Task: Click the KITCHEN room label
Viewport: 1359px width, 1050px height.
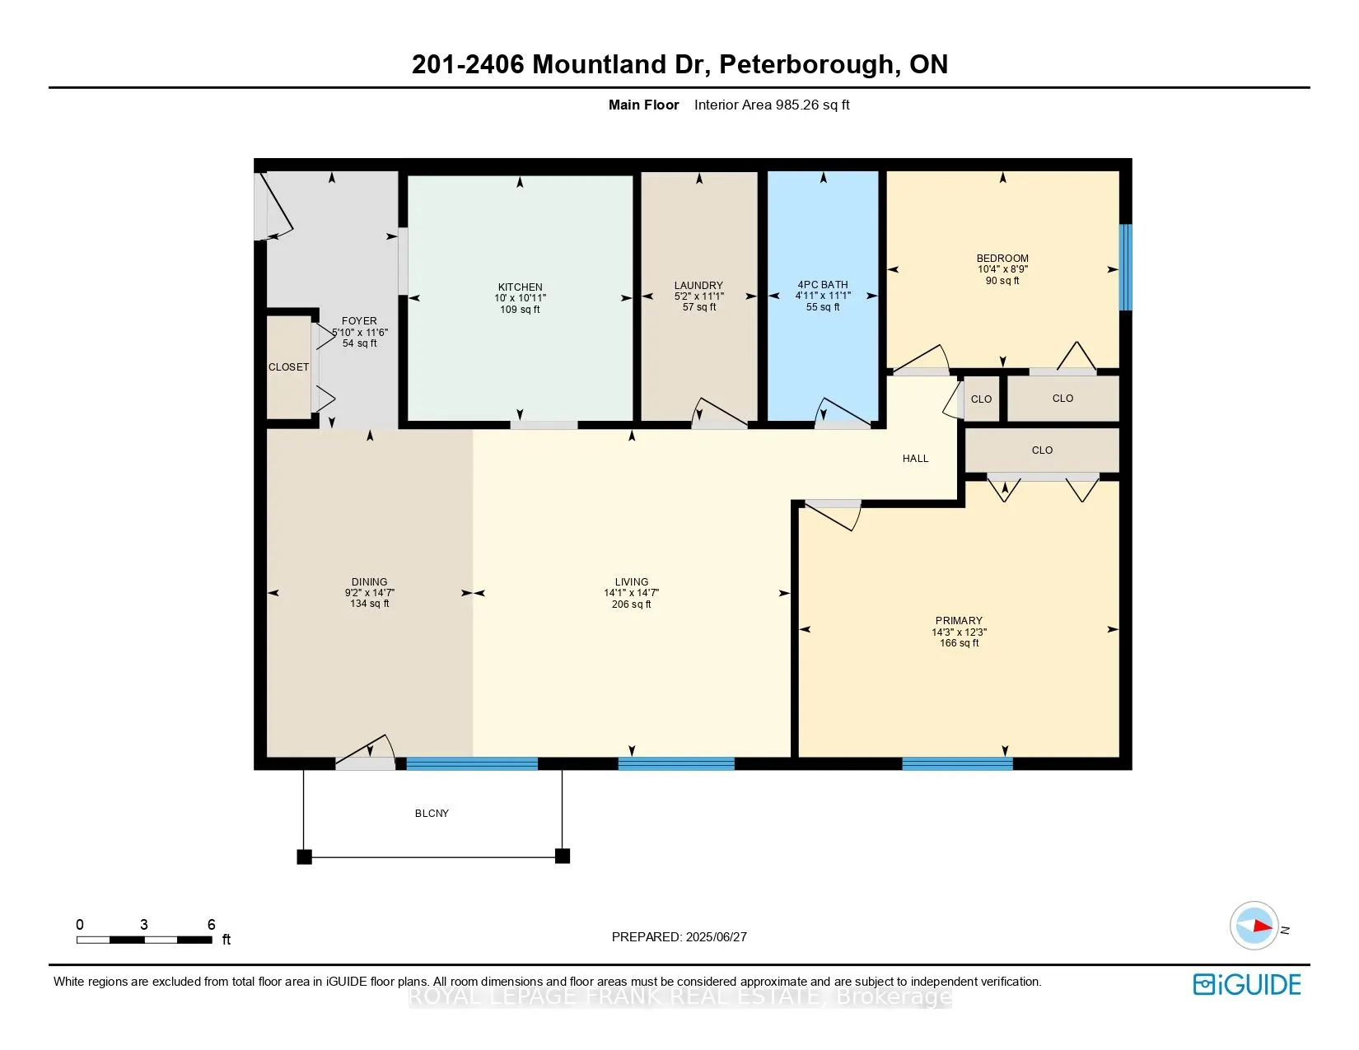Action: [520, 287]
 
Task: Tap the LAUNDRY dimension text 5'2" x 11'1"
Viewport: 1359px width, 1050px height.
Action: [698, 296]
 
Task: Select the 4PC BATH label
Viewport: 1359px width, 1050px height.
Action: [822, 285]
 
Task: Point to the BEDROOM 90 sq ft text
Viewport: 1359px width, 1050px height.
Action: [1002, 281]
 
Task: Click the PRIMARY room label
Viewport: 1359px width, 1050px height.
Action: [958, 621]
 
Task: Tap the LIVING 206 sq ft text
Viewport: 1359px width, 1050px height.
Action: [631, 604]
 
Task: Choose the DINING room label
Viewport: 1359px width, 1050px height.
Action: [369, 581]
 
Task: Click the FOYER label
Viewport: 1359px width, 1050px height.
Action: [359, 321]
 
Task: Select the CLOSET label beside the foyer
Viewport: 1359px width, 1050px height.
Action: [288, 367]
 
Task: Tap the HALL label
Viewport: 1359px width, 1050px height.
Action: [915, 459]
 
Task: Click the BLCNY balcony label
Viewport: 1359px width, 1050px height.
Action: [432, 814]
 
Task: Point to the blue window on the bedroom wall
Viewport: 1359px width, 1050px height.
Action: [1125, 268]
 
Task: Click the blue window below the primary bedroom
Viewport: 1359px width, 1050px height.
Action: [957, 764]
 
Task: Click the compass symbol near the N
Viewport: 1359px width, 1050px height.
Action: [1254, 926]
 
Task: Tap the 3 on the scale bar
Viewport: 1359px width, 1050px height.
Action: [144, 925]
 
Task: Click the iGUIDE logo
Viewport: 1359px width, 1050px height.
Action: [1247, 985]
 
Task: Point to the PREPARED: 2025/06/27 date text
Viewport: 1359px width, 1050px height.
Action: [679, 937]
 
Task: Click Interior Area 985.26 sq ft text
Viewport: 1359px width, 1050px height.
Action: [771, 105]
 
